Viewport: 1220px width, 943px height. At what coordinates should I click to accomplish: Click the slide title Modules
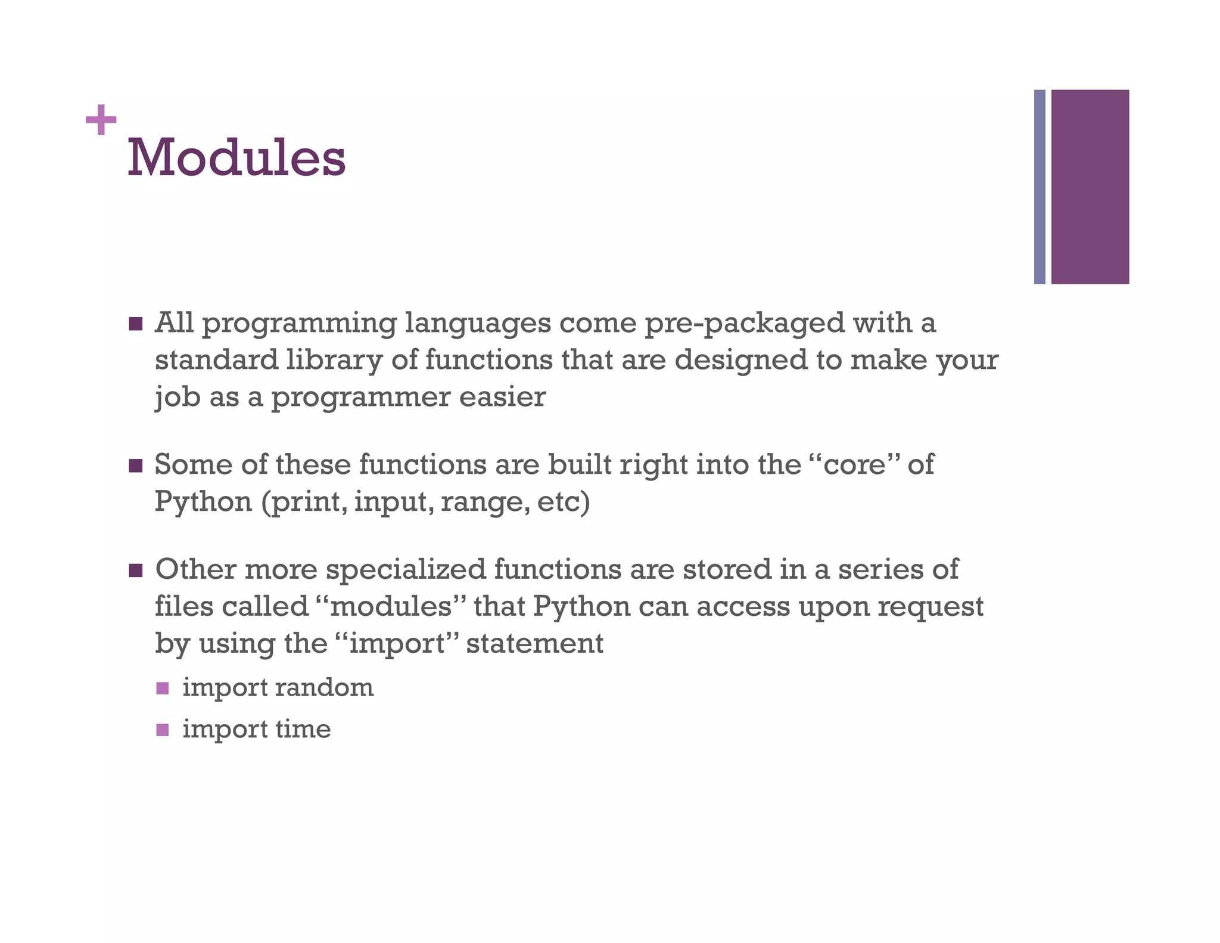pyautogui.click(x=236, y=157)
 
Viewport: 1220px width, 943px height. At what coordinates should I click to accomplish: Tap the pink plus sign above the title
pyautogui.click(x=101, y=120)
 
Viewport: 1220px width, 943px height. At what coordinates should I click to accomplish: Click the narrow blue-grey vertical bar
pyautogui.click(x=1040, y=187)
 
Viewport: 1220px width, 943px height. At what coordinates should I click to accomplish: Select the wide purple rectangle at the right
pyautogui.click(x=1090, y=187)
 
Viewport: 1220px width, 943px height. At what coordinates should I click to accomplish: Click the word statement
pyautogui.click(x=534, y=644)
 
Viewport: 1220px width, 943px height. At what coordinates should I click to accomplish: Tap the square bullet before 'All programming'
pyautogui.click(x=136, y=324)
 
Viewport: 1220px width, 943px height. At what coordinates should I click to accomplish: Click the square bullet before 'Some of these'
pyautogui.click(x=136, y=466)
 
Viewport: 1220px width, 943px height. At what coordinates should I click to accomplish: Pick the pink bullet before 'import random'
pyautogui.click(x=163, y=688)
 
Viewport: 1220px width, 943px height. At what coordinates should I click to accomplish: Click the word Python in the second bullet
pyautogui.click(x=203, y=502)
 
